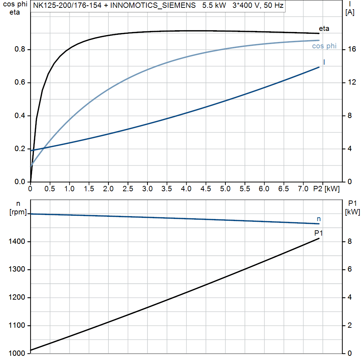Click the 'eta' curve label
pos(324,28)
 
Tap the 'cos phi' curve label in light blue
pos(324,46)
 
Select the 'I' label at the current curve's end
pos(324,62)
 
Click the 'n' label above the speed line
pos(318,219)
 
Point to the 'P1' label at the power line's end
pos(318,233)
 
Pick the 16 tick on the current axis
pos(352,49)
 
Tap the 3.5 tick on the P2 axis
pos(167,189)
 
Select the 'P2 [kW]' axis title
pos(326,189)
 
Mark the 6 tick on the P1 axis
pos(350,269)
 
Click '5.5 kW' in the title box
pos(214,6)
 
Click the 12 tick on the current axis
pos(352,82)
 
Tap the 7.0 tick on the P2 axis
pos(303,189)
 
